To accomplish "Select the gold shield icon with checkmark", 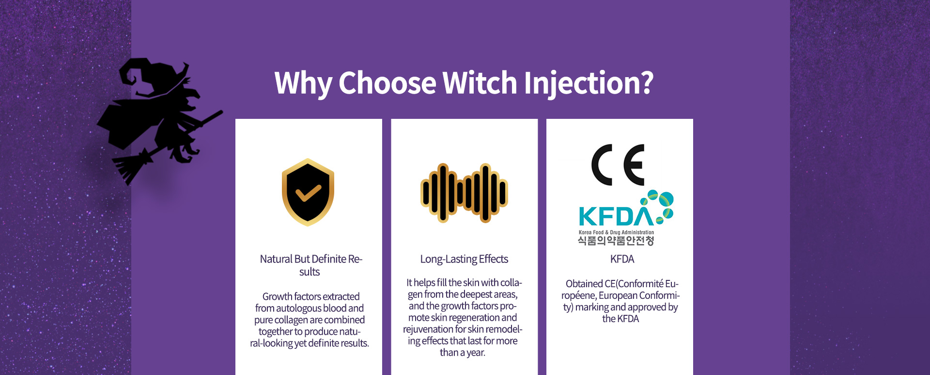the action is (308, 192).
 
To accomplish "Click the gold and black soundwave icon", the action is (464, 193).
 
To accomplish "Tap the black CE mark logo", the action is (618, 165).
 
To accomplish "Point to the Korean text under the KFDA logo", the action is (616, 240).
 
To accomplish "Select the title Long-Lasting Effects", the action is (464, 259).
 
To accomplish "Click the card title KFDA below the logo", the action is (622, 259).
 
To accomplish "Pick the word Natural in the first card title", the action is (276, 259).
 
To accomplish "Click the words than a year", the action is (462, 353).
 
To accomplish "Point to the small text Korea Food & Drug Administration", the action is (616, 232).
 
